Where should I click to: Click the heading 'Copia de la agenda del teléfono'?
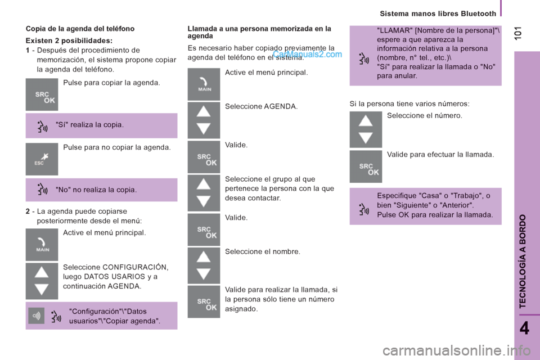[80, 29]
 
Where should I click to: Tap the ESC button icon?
[42, 159]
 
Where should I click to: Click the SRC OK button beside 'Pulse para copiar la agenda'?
[42, 94]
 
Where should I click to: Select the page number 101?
[517, 33]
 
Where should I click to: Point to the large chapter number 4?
[524, 328]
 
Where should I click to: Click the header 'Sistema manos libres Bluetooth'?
[438, 13]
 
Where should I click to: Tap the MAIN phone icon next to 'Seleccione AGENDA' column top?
[204, 84]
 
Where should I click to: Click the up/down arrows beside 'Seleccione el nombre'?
[204, 265]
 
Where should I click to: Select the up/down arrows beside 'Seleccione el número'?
[366, 129]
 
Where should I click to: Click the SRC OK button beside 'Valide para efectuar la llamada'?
[366, 166]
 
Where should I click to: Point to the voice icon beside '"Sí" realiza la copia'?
[42, 127]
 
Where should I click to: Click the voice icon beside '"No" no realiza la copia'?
[42, 189]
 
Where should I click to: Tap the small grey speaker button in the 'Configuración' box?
[36, 316]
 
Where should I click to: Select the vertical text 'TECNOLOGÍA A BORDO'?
[523, 261]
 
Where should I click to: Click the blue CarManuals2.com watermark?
[308, 54]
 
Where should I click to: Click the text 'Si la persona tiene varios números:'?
[409, 103]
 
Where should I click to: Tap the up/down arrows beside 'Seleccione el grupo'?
[204, 193]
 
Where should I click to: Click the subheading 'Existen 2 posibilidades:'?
[69, 40]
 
